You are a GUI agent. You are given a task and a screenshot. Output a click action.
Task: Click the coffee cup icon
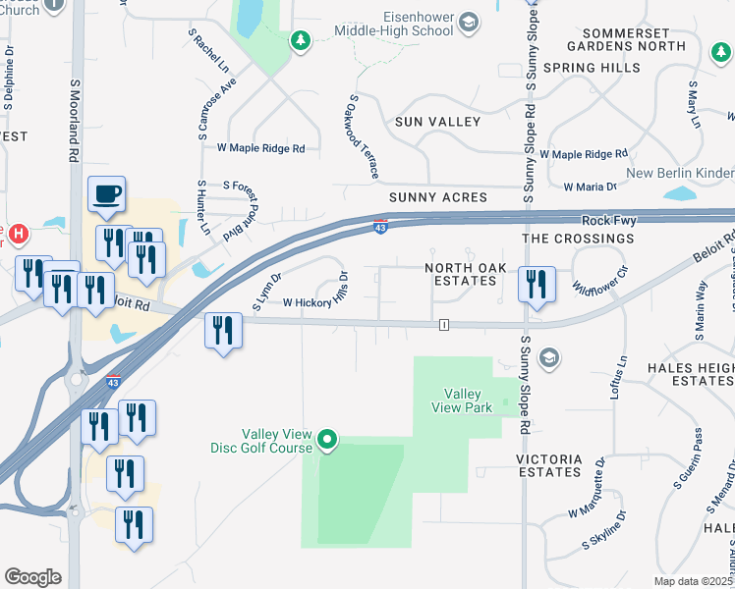tap(106, 193)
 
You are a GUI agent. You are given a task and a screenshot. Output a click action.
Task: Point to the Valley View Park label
tap(462, 401)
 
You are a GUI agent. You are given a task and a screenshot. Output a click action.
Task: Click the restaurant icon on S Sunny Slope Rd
tap(537, 284)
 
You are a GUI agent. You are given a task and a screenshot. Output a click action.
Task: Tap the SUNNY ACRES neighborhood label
tap(437, 197)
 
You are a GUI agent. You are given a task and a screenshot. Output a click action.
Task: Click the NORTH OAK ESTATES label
tap(461, 274)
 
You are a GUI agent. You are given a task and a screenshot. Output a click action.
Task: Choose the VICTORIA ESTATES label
tap(548, 465)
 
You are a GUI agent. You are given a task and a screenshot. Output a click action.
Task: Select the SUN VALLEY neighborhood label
tap(437, 122)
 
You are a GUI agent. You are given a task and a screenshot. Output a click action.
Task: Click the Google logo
tap(32, 576)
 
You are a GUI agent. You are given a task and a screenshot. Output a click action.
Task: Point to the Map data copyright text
tap(694, 581)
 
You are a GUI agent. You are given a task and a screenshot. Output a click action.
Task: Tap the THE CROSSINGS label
tap(578, 239)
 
